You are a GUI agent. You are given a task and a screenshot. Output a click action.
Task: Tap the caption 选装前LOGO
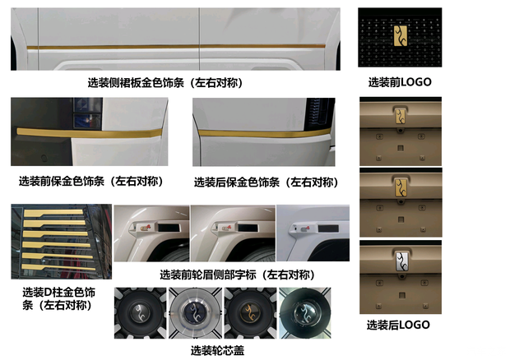coord(399,82)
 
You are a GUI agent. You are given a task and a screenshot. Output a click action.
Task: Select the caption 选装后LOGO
coord(398,325)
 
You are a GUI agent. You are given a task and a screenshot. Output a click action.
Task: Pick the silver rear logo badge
coord(399,262)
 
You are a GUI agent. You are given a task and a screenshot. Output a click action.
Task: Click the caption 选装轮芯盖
coord(217,350)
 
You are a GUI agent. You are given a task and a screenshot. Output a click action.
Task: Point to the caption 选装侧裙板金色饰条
coord(165,83)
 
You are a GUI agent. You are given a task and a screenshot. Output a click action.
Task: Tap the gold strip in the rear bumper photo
coord(263,132)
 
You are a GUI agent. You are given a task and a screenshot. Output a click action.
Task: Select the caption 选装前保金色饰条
coord(90,181)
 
